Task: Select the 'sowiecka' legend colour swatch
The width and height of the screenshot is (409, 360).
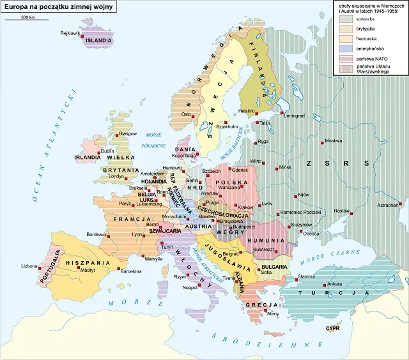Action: click(x=344, y=20)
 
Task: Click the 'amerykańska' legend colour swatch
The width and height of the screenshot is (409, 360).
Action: click(x=344, y=48)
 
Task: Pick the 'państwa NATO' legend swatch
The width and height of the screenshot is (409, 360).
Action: click(x=344, y=57)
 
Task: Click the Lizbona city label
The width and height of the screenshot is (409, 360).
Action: click(x=29, y=266)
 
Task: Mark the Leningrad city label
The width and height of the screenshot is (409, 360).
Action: click(x=295, y=116)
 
